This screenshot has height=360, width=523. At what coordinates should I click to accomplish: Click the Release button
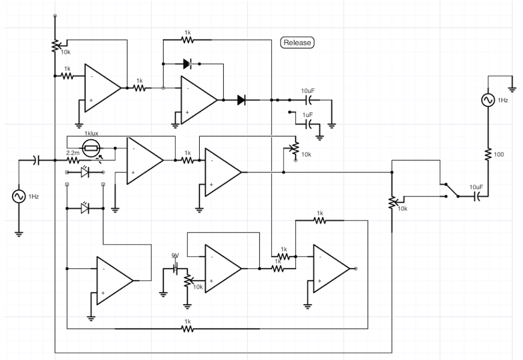click(x=297, y=43)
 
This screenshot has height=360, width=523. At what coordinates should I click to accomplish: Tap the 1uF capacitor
click(x=307, y=123)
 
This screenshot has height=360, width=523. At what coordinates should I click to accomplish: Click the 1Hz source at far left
click(x=19, y=196)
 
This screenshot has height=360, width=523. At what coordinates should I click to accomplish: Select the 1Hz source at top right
click(x=487, y=101)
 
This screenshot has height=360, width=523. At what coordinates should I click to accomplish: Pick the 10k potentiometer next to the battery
click(x=188, y=281)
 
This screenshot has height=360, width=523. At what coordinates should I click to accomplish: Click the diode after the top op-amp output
click(x=242, y=100)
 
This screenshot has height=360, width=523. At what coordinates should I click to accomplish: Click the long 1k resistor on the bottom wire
click(x=188, y=328)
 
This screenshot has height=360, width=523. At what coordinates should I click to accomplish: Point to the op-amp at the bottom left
click(x=113, y=280)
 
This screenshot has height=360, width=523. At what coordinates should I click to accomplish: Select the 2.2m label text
click(x=73, y=152)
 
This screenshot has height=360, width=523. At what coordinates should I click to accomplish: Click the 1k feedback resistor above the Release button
click(x=188, y=39)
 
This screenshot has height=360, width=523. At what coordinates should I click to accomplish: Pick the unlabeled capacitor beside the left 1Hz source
click(x=35, y=160)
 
